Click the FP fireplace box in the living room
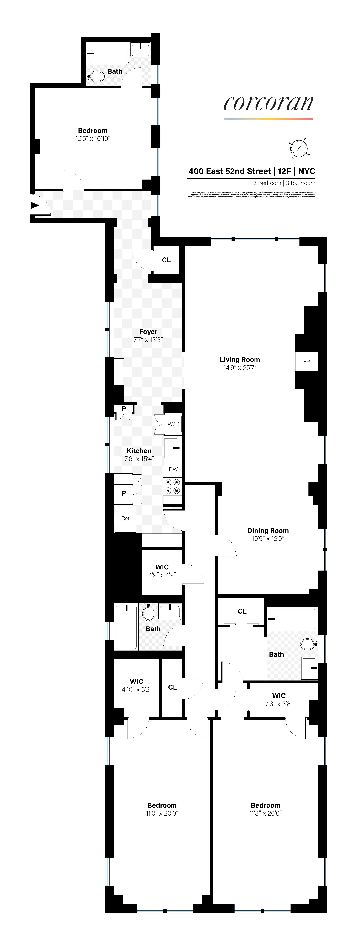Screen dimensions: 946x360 tap(306, 361)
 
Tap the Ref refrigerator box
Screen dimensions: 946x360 tap(125, 518)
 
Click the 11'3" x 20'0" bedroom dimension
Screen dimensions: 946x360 tap(265, 813)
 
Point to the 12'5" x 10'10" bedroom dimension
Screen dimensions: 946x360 tap(93, 138)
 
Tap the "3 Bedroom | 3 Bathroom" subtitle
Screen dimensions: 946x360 tap(284, 183)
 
